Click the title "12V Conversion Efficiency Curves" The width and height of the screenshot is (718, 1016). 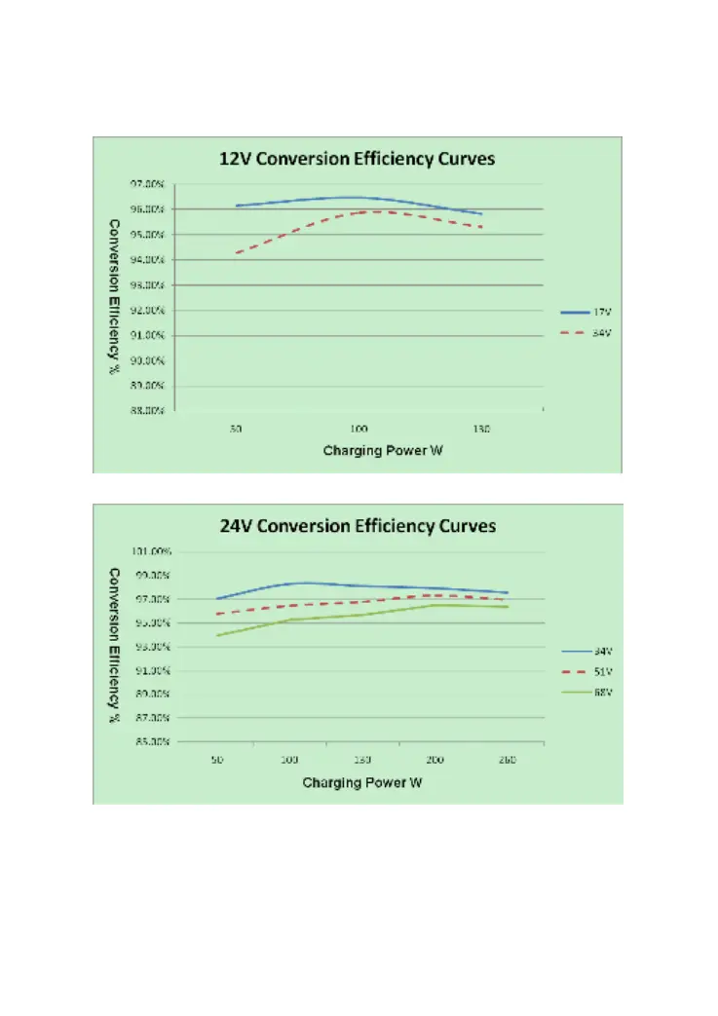click(358, 160)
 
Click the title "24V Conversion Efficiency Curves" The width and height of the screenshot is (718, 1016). click(358, 526)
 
